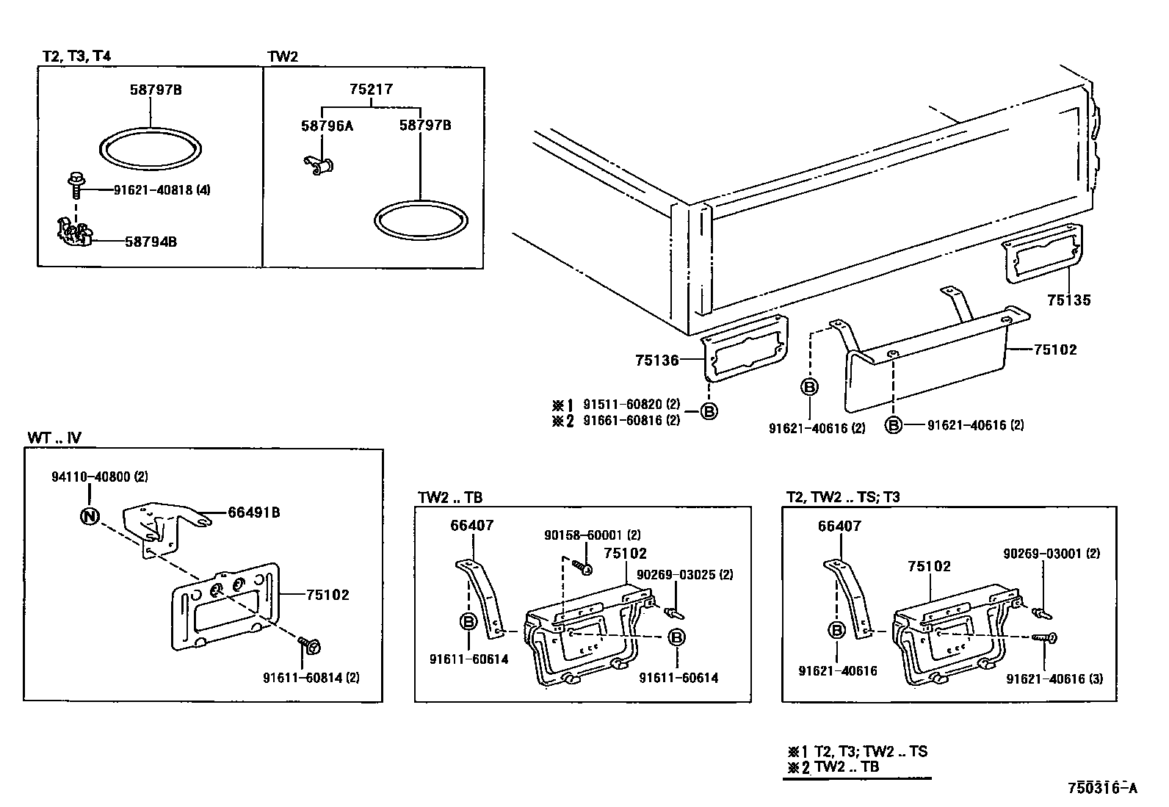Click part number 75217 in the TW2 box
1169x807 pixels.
click(371, 90)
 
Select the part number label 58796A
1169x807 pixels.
click(327, 126)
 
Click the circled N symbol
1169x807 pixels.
click(89, 516)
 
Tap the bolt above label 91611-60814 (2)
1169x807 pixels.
click(309, 645)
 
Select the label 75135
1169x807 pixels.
click(1068, 300)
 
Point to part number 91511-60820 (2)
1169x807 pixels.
click(631, 405)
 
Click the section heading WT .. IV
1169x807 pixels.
click(54, 438)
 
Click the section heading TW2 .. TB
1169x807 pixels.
click(450, 497)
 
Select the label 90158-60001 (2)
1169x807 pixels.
click(592, 535)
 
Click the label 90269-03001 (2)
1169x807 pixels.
click(1052, 554)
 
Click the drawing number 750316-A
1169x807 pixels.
click(1101, 789)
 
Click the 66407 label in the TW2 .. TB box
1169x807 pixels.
click(471, 526)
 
